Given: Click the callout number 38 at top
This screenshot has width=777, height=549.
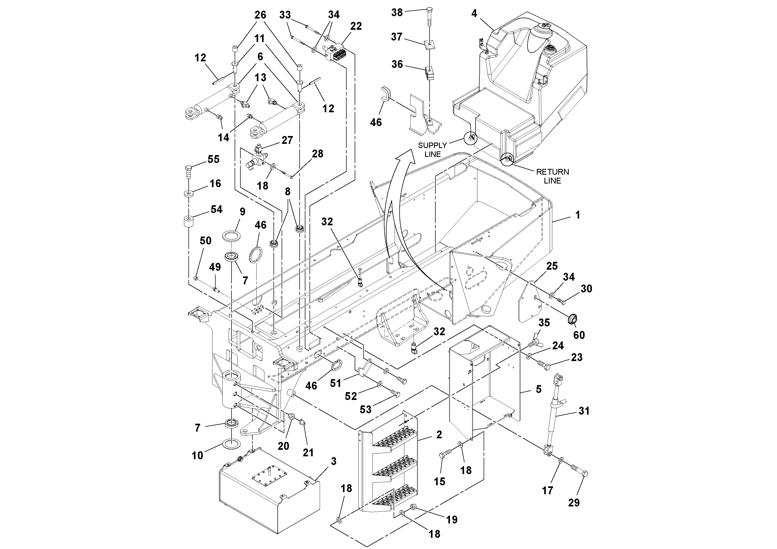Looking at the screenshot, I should point(397,13).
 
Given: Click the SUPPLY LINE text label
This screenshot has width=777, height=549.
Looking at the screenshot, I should point(432,150).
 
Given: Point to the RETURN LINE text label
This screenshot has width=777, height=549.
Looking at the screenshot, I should point(552,176).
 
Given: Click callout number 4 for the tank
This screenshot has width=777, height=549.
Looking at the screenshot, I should point(474,13).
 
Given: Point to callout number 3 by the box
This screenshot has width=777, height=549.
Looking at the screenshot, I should point(333,461).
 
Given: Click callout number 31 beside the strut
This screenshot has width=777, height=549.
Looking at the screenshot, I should point(584,411).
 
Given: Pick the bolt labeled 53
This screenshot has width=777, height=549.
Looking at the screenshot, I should point(395,394).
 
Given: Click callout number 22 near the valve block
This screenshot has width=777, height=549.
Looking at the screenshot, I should point(356,26).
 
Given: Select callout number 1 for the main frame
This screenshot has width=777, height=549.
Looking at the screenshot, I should point(578,215).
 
